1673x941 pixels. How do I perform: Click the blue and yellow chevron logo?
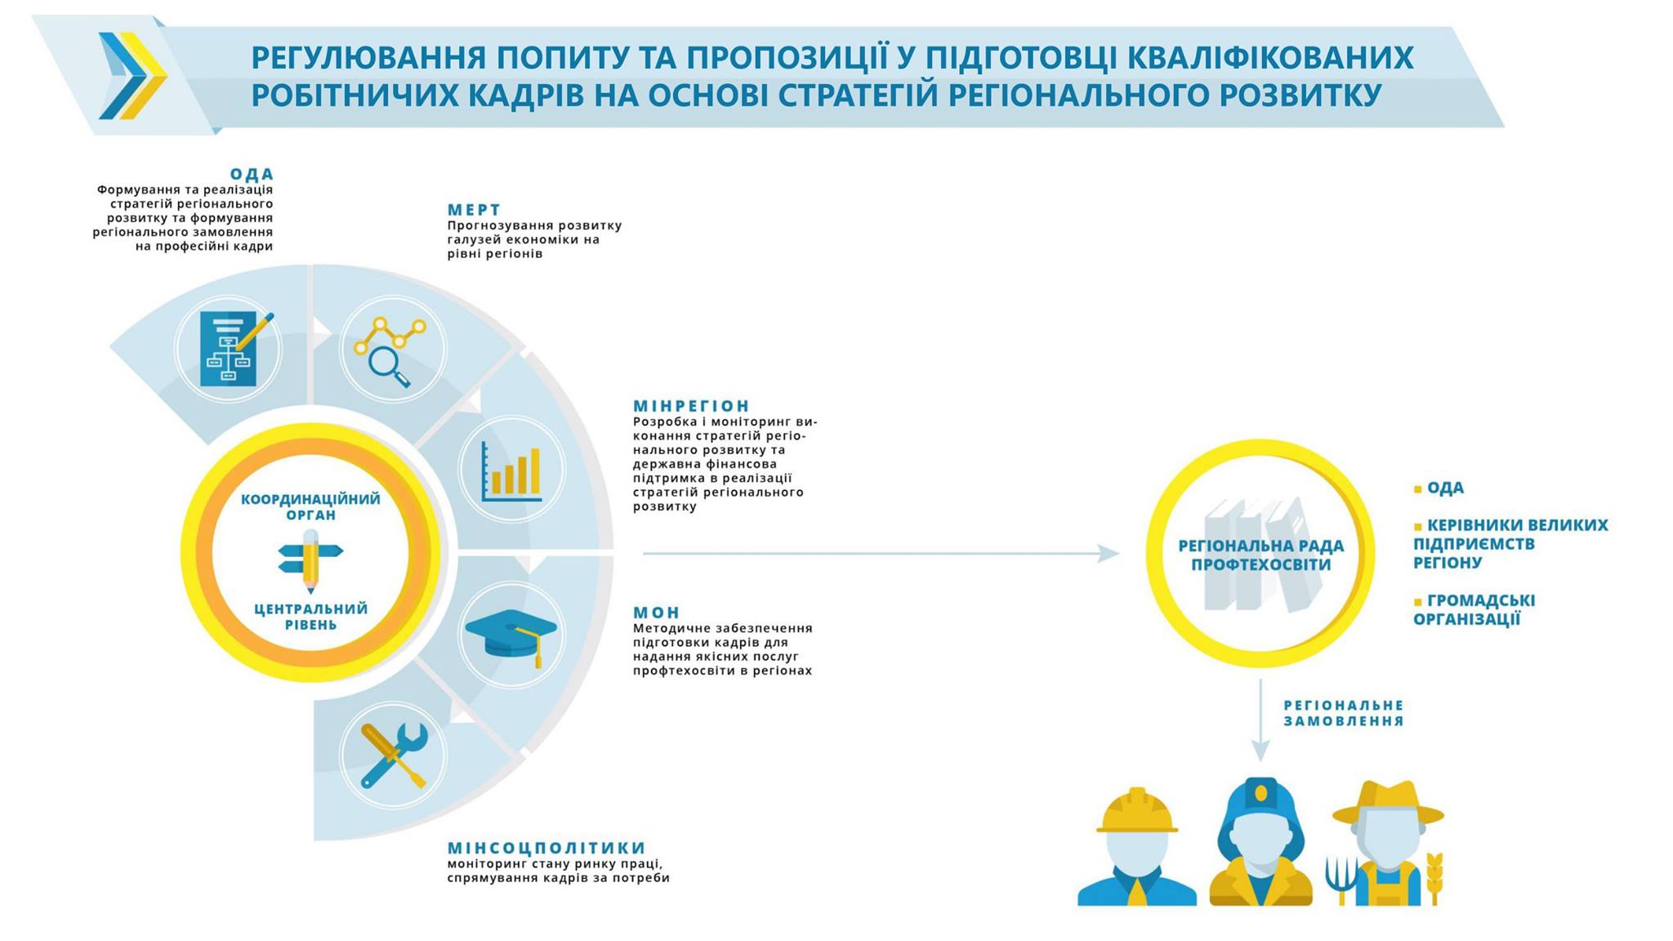tap(132, 76)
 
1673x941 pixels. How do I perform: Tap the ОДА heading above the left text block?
tap(252, 174)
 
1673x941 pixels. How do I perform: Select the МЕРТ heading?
tap(474, 210)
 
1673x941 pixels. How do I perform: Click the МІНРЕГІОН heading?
tap(691, 406)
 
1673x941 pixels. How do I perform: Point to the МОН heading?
tap(656, 613)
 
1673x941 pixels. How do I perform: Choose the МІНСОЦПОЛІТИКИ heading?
tap(547, 848)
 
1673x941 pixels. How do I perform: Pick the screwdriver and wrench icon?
tap(394, 756)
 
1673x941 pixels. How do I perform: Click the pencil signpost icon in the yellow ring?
tap(310, 560)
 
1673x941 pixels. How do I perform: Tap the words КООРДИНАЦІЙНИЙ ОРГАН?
tap(310, 506)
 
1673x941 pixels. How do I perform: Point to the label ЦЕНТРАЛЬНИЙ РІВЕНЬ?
tap(310, 617)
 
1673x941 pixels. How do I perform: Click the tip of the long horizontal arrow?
tap(1119, 553)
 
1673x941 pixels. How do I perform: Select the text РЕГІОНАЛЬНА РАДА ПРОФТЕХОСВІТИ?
tap(1260, 555)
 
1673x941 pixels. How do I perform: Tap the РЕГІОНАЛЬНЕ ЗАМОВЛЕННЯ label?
tap(1344, 713)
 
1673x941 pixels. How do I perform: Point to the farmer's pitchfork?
tap(1340, 879)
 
